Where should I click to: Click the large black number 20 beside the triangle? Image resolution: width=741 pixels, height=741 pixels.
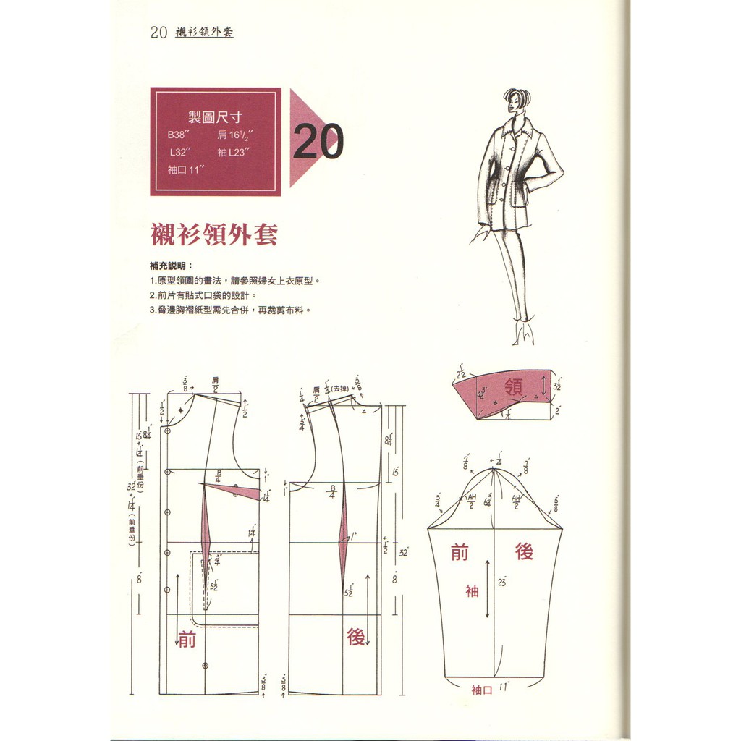(x=318, y=143)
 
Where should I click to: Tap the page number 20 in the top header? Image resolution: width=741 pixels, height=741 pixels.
(x=159, y=33)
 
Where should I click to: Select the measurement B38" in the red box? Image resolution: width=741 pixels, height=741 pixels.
(x=177, y=135)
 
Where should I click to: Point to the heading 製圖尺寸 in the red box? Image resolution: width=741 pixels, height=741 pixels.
(x=215, y=117)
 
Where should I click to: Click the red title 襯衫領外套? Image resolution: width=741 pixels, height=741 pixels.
(x=213, y=235)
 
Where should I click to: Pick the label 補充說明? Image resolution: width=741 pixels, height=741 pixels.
(x=171, y=266)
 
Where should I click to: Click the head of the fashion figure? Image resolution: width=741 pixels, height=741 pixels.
(x=517, y=100)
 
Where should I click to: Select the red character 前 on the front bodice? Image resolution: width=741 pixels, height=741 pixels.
(x=187, y=639)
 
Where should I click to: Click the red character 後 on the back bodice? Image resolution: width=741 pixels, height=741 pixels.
(x=355, y=637)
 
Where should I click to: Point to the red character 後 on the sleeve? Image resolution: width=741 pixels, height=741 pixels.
(x=525, y=551)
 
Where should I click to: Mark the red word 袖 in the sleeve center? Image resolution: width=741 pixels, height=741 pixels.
(x=472, y=591)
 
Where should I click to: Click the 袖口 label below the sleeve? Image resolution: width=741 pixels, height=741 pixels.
(x=481, y=690)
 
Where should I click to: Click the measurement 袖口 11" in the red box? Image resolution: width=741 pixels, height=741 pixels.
(x=186, y=169)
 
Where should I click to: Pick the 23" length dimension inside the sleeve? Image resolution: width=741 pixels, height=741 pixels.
(x=501, y=582)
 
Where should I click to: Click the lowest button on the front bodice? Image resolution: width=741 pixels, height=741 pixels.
(x=206, y=664)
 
